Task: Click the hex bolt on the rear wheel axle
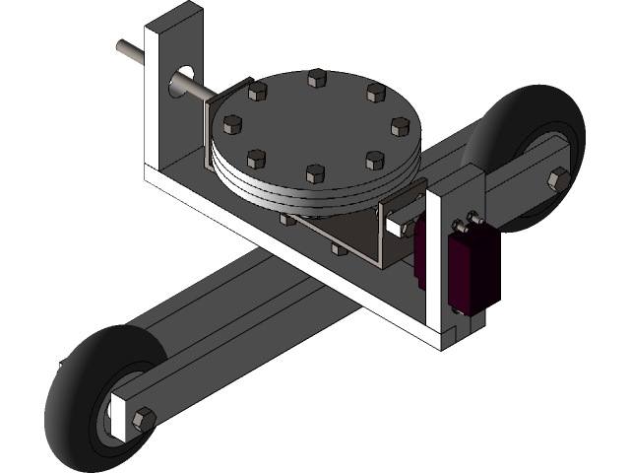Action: (x=558, y=178)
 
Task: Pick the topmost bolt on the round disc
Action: (x=316, y=77)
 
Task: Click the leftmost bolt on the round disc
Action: (x=233, y=124)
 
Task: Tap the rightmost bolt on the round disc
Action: (x=399, y=126)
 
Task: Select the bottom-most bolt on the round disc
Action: (x=315, y=173)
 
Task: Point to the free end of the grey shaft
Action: (x=121, y=46)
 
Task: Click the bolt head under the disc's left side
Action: (x=287, y=218)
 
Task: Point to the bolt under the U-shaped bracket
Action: (x=340, y=247)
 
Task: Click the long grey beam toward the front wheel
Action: (x=226, y=315)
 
